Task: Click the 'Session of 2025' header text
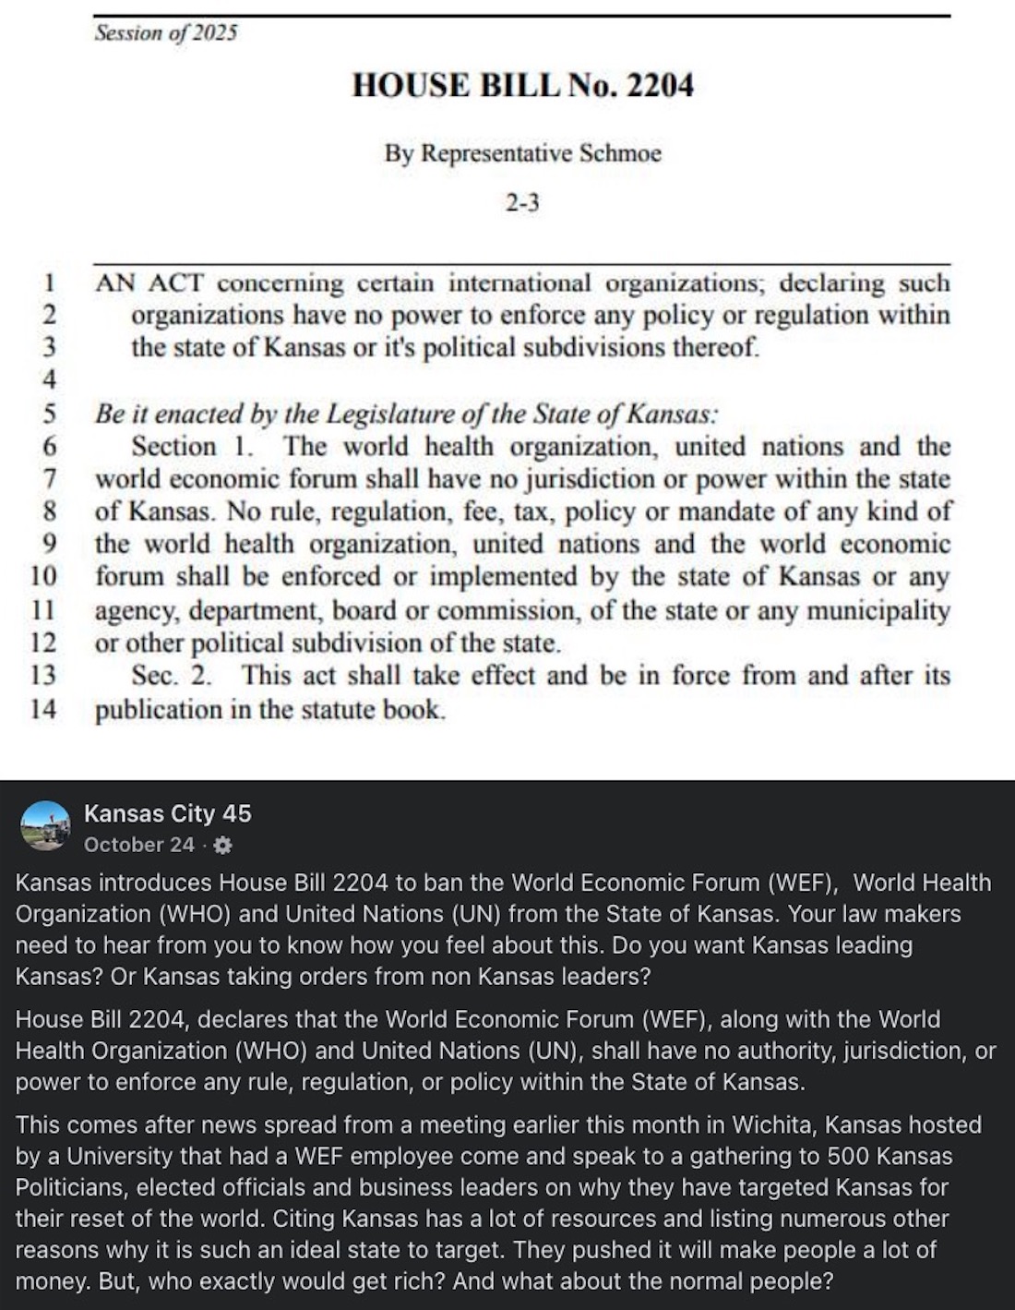point(165,33)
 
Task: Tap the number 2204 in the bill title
point(660,86)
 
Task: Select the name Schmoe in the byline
point(620,153)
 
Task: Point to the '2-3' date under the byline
point(522,202)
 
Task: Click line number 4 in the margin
point(49,380)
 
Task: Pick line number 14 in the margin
point(43,710)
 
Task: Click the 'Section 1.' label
point(192,447)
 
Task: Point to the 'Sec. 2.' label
point(171,676)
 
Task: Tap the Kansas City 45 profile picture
point(45,825)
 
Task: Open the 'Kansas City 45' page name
point(167,813)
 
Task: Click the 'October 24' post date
point(139,845)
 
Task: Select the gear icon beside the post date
point(222,846)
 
